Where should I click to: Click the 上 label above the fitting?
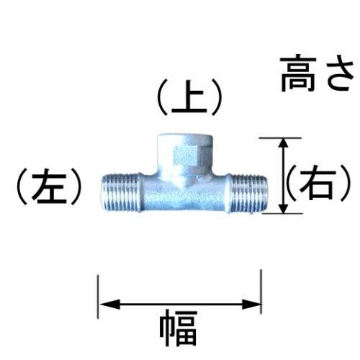pos(189,97)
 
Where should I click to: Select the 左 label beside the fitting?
pos(49,186)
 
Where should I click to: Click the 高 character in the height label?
pos(298,74)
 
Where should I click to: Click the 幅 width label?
pos(179,328)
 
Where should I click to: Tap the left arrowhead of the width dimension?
pos(109,305)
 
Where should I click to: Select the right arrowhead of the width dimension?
pos(251,305)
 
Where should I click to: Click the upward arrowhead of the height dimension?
pos(284,145)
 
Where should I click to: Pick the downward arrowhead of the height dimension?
pos(284,207)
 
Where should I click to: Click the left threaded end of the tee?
pos(121,192)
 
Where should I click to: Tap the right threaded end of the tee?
pos(248,192)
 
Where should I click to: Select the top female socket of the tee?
pos(185,152)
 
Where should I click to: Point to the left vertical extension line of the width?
pos(98,297)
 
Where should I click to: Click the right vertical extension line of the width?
pos(261,292)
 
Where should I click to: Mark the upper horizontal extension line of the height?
pos(280,138)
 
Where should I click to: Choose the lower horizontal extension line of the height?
pos(282,213)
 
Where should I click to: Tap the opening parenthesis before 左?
pos(22,186)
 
